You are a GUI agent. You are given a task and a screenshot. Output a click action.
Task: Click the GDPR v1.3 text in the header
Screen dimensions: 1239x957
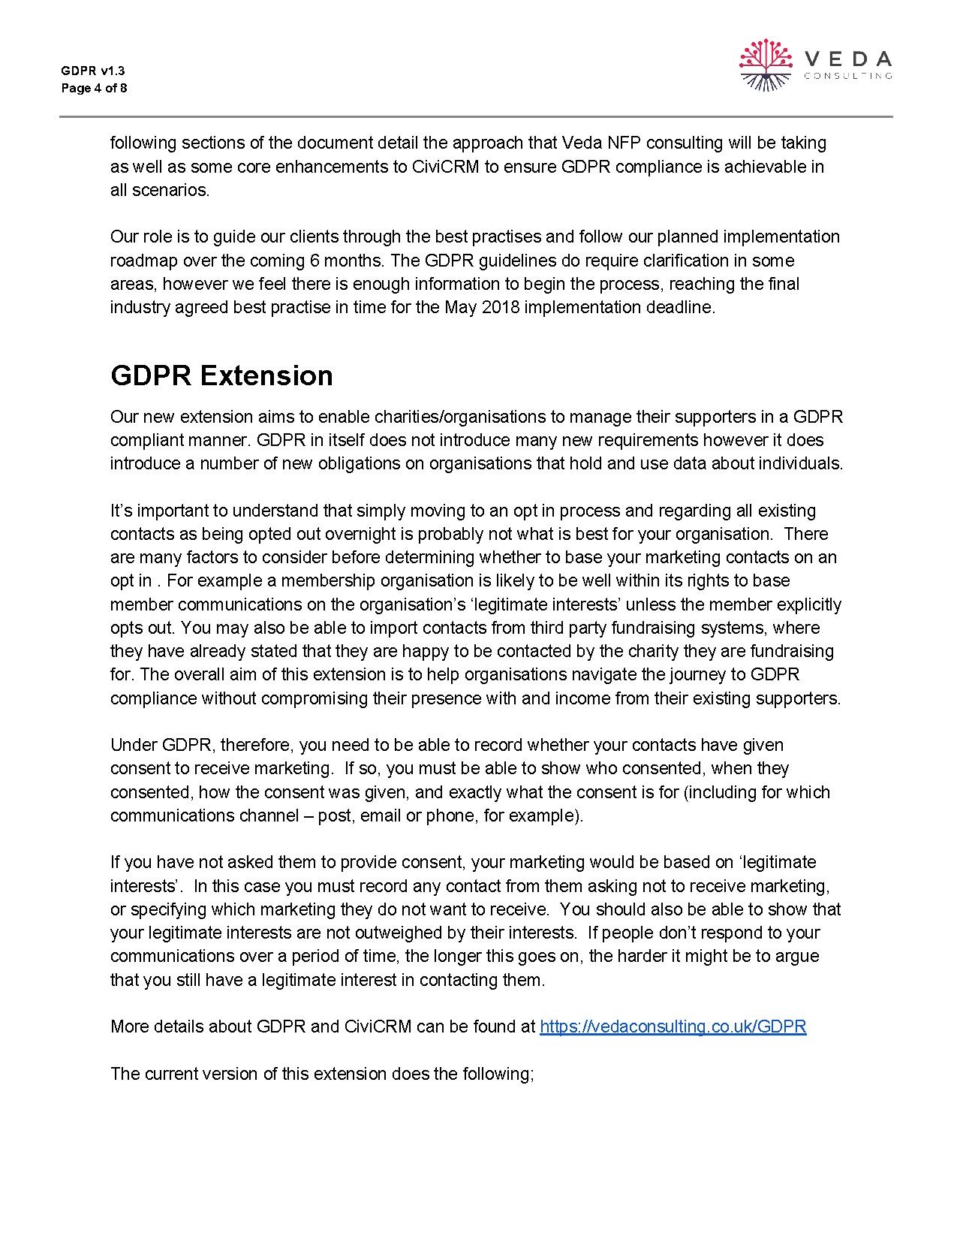pyautogui.click(x=93, y=71)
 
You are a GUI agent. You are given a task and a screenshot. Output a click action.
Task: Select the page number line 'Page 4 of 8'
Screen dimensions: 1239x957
pyautogui.click(x=94, y=89)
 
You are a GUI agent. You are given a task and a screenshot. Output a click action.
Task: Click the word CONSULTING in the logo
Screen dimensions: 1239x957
pyautogui.click(x=847, y=76)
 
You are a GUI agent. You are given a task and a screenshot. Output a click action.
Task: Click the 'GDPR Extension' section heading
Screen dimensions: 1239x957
pyautogui.click(x=221, y=375)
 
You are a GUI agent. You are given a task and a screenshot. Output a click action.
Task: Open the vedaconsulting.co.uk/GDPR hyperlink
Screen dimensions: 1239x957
pyautogui.click(x=673, y=1026)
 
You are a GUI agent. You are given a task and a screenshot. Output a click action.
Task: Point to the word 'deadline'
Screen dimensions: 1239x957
pyautogui.click(x=681, y=308)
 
